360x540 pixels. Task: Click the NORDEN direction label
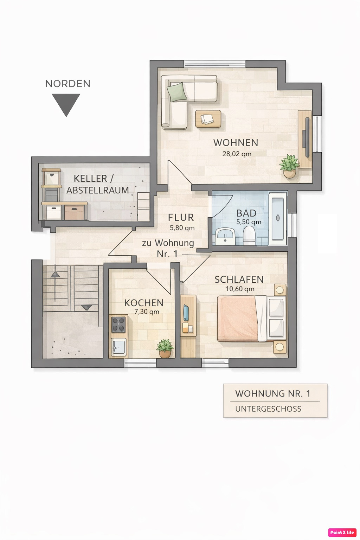tap(68, 84)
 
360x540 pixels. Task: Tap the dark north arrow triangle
tap(66, 104)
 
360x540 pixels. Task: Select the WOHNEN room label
tap(236, 143)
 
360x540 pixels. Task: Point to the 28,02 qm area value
tap(237, 154)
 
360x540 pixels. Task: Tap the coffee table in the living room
tap(208, 119)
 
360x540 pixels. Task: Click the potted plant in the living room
tap(289, 166)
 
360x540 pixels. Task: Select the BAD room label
tap(246, 213)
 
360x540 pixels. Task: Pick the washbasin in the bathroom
tap(225, 237)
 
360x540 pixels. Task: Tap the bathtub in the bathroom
tap(278, 218)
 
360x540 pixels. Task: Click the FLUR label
tap(181, 218)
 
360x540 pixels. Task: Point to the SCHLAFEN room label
tap(239, 279)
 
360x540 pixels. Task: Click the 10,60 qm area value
tap(240, 289)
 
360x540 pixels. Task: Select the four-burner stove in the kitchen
tap(118, 324)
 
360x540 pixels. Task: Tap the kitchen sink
tap(118, 347)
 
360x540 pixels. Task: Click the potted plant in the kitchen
tap(165, 348)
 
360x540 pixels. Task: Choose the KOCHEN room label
tap(144, 303)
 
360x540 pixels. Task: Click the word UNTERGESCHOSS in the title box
tap(268, 409)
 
